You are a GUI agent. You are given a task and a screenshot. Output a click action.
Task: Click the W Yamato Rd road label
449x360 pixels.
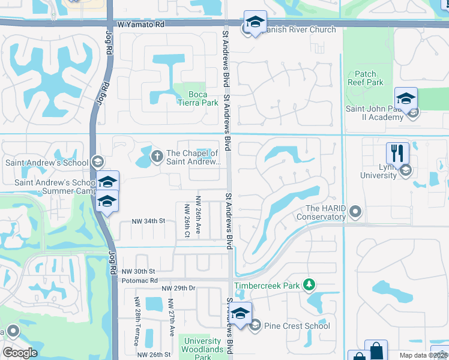pyautogui.click(x=140, y=25)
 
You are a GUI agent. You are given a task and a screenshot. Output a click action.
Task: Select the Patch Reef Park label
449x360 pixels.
pyautogui.click(x=366, y=78)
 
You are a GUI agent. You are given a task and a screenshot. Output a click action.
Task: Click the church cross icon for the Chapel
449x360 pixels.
pyautogui.click(x=157, y=157)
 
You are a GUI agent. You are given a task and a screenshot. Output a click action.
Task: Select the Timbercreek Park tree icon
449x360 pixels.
pyautogui.click(x=309, y=284)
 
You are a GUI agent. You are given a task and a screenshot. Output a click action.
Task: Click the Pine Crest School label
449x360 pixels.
pyautogui.click(x=297, y=326)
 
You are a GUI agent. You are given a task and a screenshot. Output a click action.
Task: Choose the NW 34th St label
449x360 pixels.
pyautogui.click(x=148, y=221)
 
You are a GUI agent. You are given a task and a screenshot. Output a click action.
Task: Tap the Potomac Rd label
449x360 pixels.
pyautogui.click(x=139, y=280)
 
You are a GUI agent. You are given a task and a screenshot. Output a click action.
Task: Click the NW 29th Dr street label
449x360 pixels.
pyautogui.click(x=178, y=289)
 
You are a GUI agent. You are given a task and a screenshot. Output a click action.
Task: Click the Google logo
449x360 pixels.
pyautogui.click(x=20, y=353)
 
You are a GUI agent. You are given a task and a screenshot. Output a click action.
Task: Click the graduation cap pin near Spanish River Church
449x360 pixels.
pyautogui.click(x=255, y=22)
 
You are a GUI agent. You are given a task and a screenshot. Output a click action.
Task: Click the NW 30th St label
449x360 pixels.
pyautogui.click(x=138, y=272)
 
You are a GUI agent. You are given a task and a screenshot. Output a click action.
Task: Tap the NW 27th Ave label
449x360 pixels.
pyautogui.click(x=171, y=317)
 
